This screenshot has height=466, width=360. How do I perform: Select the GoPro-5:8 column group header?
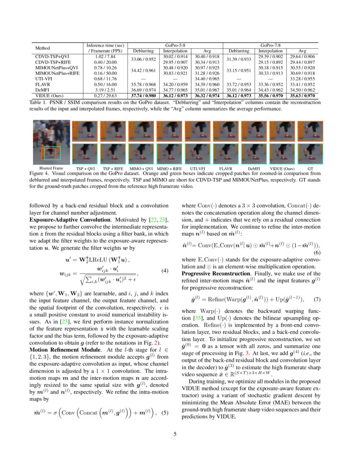pyautogui.click(x=175, y=45)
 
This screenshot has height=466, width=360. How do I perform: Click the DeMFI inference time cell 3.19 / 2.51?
pyautogui.click(x=105, y=90)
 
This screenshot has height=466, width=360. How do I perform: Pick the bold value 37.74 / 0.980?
pyautogui.click(x=142, y=96)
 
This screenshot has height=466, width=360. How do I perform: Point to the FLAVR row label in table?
pyautogui.click(x=42, y=84)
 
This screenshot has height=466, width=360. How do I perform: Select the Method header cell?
pyautogui.click(x=42, y=48)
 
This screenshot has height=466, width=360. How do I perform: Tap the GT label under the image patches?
pyautogui.click(x=310, y=169)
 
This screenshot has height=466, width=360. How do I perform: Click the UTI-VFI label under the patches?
pyautogui.click(x=198, y=169)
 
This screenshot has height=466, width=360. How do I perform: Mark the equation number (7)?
pyautogui.click(x=316, y=300)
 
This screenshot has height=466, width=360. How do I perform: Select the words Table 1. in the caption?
pyautogui.click(x=38, y=103)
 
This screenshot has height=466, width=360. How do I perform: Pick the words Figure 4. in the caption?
pyautogui.click(x=40, y=174)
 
